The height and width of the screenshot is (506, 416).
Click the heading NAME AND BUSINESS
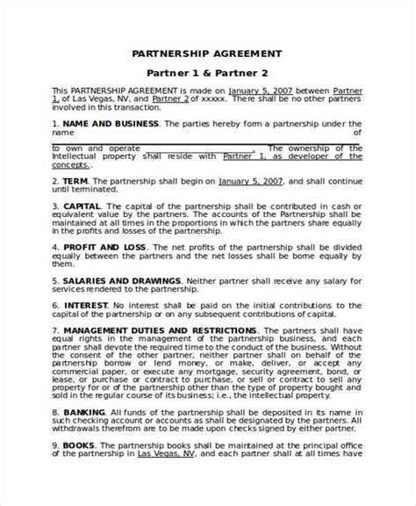click(x=105, y=124)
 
